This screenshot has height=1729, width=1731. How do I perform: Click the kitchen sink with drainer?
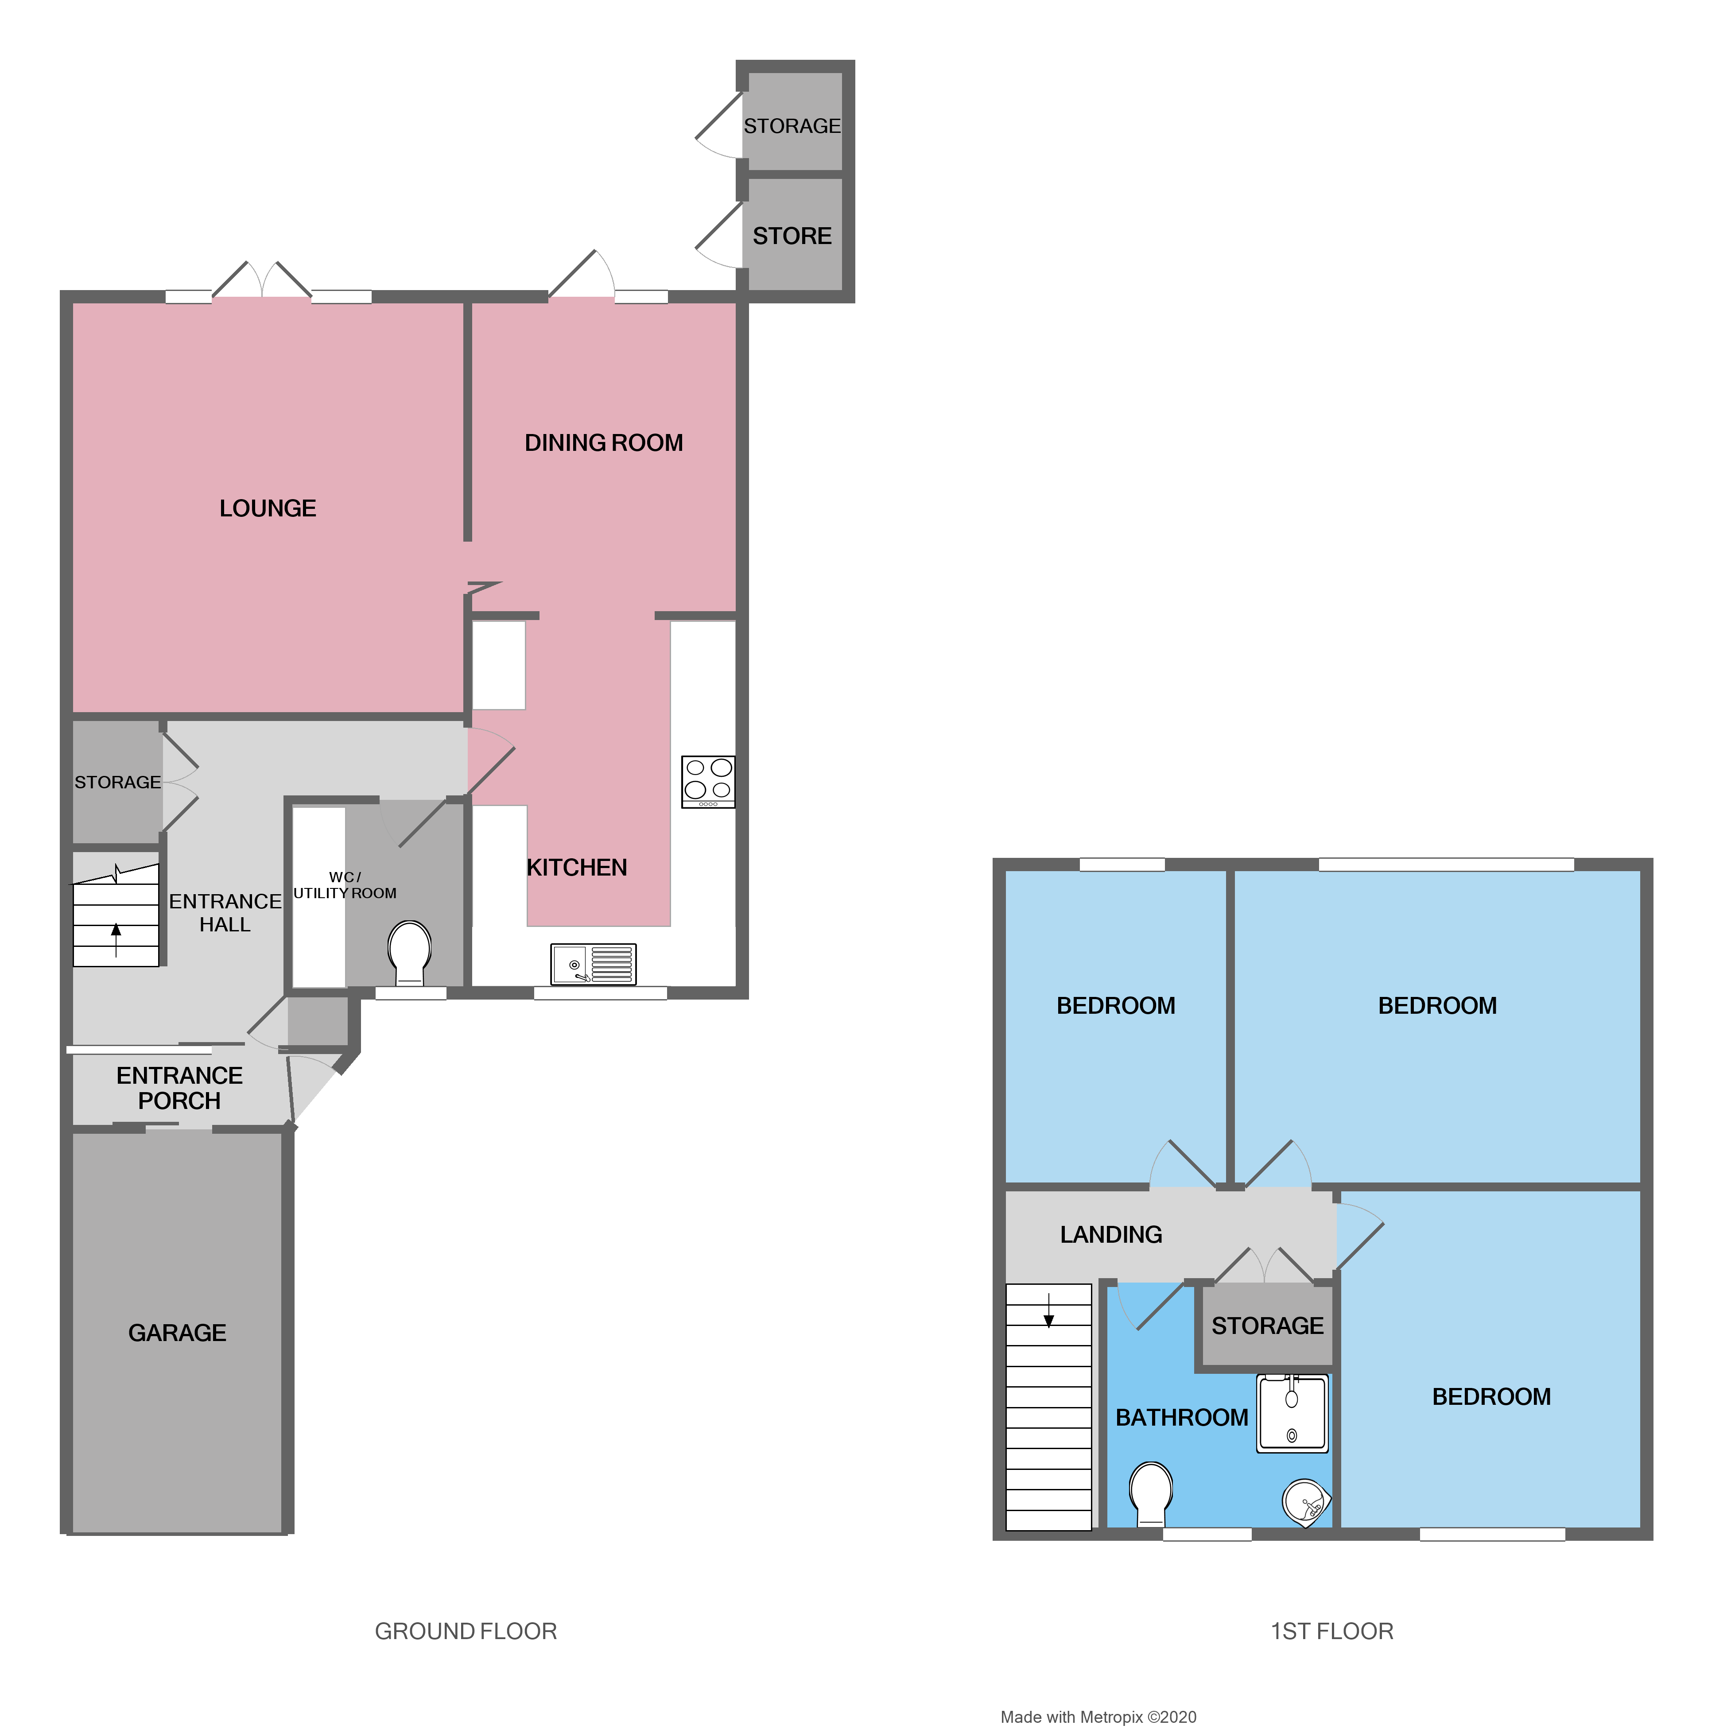[593, 964]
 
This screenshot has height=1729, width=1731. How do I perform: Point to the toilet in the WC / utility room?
[409, 952]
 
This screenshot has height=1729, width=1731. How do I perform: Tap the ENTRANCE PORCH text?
[179, 1088]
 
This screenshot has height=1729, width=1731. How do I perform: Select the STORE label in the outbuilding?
[792, 236]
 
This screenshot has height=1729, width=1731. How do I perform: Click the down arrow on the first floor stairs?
[1048, 1312]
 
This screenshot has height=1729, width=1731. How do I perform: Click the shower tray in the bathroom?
[1292, 1414]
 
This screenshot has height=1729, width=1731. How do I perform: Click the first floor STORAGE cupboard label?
[1267, 1326]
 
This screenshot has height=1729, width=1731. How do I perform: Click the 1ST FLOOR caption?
[1331, 1632]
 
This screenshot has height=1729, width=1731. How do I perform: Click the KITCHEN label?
[576, 867]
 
